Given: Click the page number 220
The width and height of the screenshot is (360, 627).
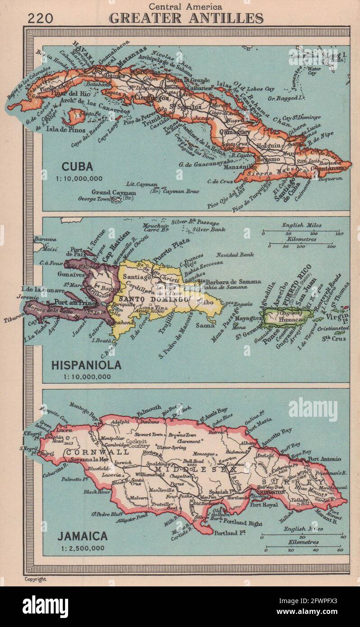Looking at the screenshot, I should pos(40,18).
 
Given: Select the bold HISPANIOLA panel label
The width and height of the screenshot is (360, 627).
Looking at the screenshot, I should pos(86,365).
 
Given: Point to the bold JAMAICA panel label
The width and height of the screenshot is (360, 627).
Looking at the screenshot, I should pos(82,536).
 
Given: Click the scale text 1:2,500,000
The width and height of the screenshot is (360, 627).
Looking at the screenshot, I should pos(81,548).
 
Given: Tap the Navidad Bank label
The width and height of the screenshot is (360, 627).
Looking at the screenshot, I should pos(235,255).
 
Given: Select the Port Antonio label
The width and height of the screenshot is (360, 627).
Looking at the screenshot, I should pos(325,459).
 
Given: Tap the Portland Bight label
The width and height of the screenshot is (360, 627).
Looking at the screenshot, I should pos(242,523).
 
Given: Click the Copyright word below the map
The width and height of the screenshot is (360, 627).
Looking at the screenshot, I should pos(35,579).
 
